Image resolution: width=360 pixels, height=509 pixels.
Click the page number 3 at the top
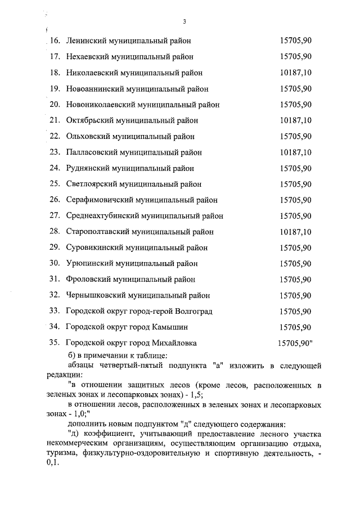[184, 22]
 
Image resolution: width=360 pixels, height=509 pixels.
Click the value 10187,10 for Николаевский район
[295, 73]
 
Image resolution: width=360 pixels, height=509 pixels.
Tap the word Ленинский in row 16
[85, 40]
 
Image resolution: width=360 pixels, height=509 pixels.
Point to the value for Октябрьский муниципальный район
[295, 120]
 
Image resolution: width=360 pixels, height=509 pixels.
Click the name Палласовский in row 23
[91, 152]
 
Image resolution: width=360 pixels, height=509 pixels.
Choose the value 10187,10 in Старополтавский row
[295, 232]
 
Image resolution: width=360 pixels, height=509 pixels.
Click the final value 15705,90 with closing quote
[296, 342]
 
